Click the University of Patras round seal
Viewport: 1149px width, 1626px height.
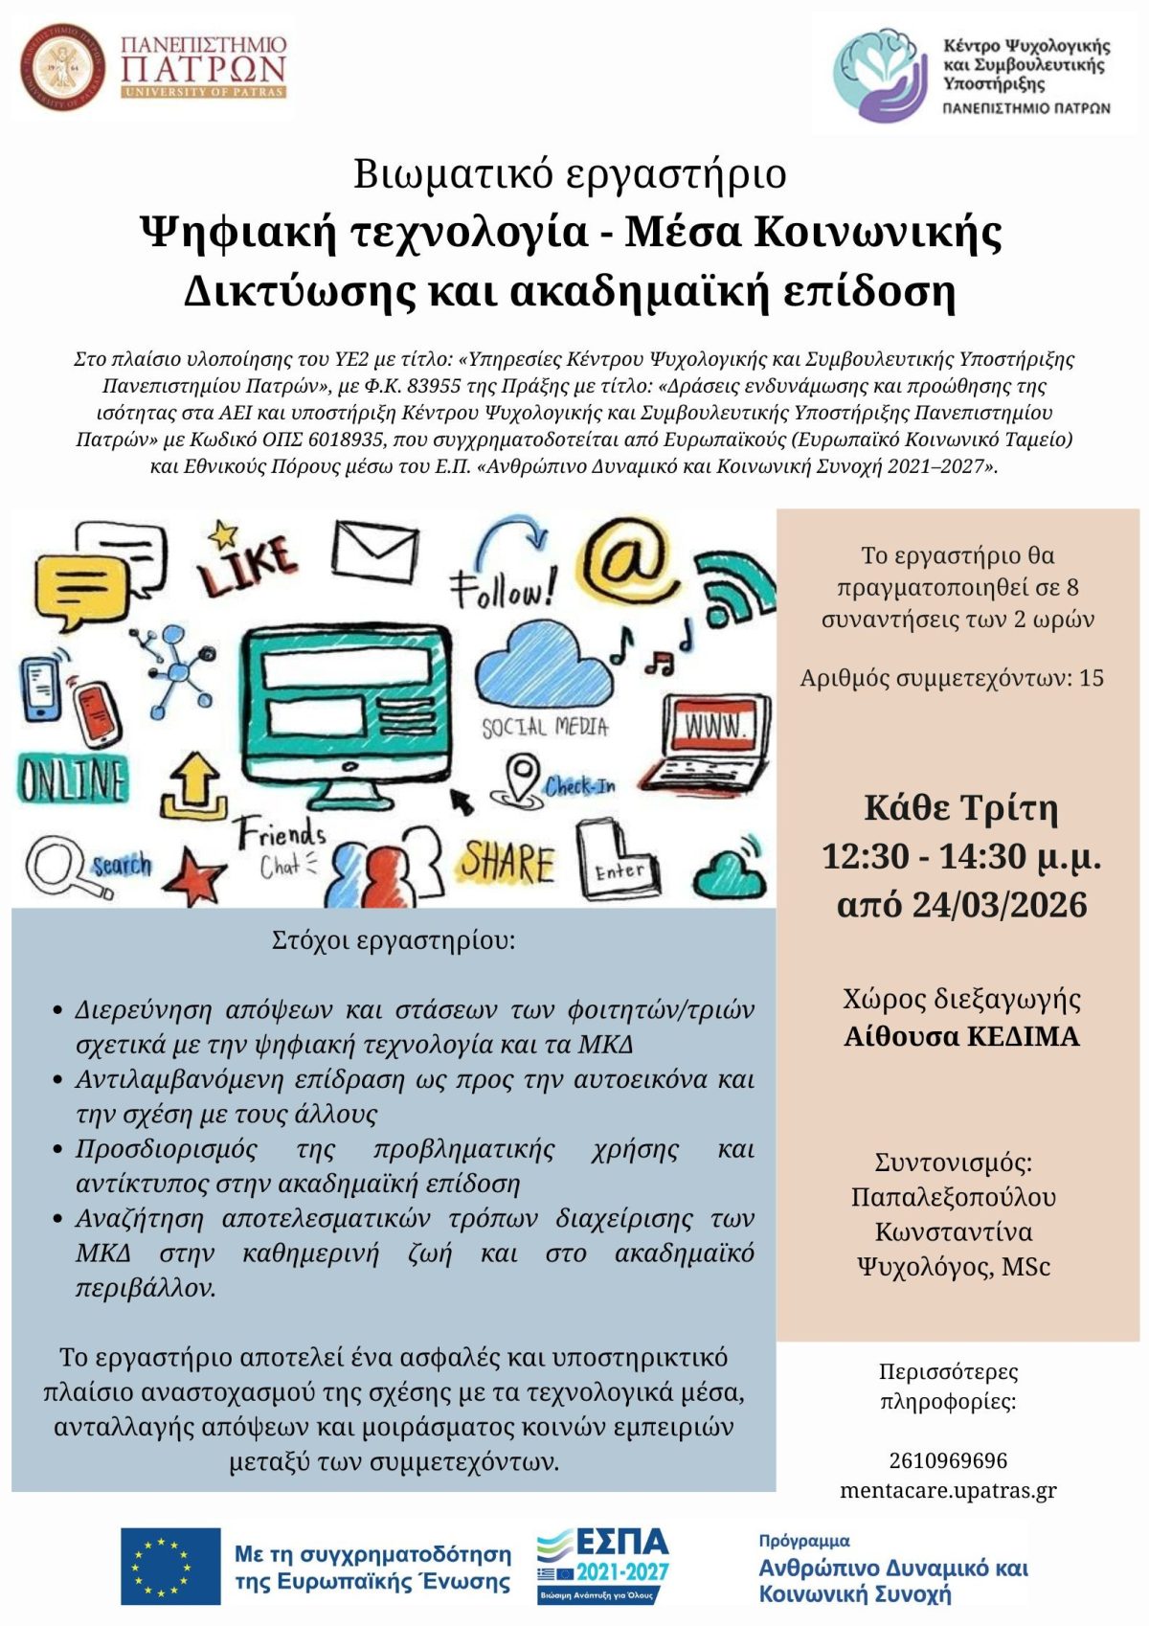click(x=62, y=68)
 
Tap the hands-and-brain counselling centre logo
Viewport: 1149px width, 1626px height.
click(x=880, y=75)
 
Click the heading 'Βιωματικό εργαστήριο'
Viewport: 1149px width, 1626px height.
click(x=571, y=174)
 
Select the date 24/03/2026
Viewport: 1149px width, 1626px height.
click(x=1000, y=905)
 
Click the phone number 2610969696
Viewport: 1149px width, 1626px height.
click(x=948, y=1460)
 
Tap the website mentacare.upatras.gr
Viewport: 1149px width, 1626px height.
click(x=948, y=1490)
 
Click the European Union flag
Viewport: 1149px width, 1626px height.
click(x=170, y=1566)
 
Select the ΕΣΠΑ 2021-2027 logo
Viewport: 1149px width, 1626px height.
click(x=602, y=1565)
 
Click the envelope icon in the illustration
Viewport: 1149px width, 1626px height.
click(x=374, y=552)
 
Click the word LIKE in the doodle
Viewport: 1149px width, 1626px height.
click(x=247, y=564)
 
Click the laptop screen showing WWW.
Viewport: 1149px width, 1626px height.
click(x=717, y=728)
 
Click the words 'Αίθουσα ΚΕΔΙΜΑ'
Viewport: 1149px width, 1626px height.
click(x=961, y=1036)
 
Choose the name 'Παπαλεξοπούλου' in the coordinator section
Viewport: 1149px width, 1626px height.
click(x=954, y=1197)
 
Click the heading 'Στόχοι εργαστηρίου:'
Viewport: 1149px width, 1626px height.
click(x=394, y=939)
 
